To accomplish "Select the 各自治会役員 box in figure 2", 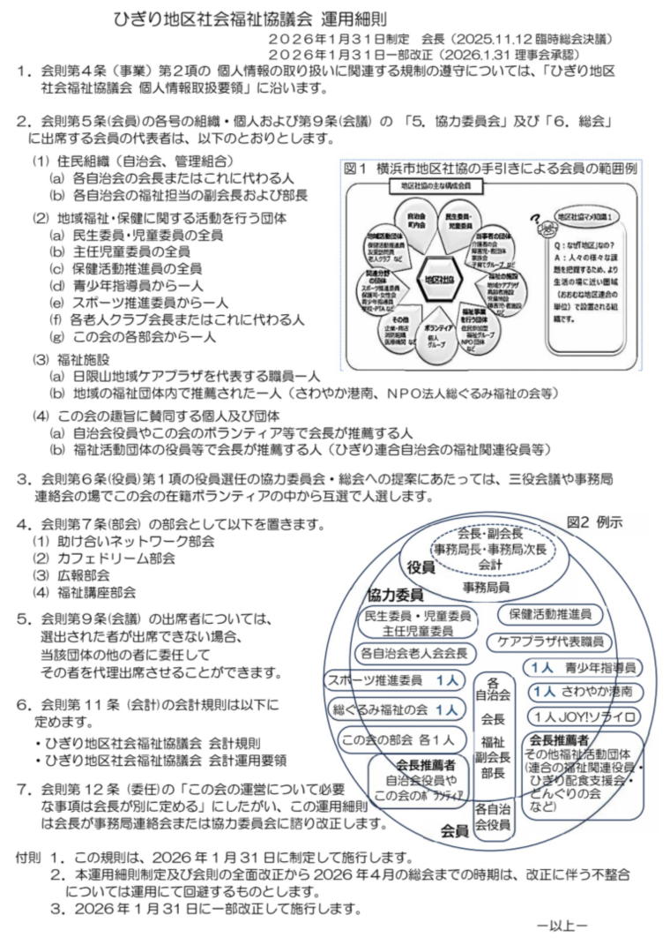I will point(493,816).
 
